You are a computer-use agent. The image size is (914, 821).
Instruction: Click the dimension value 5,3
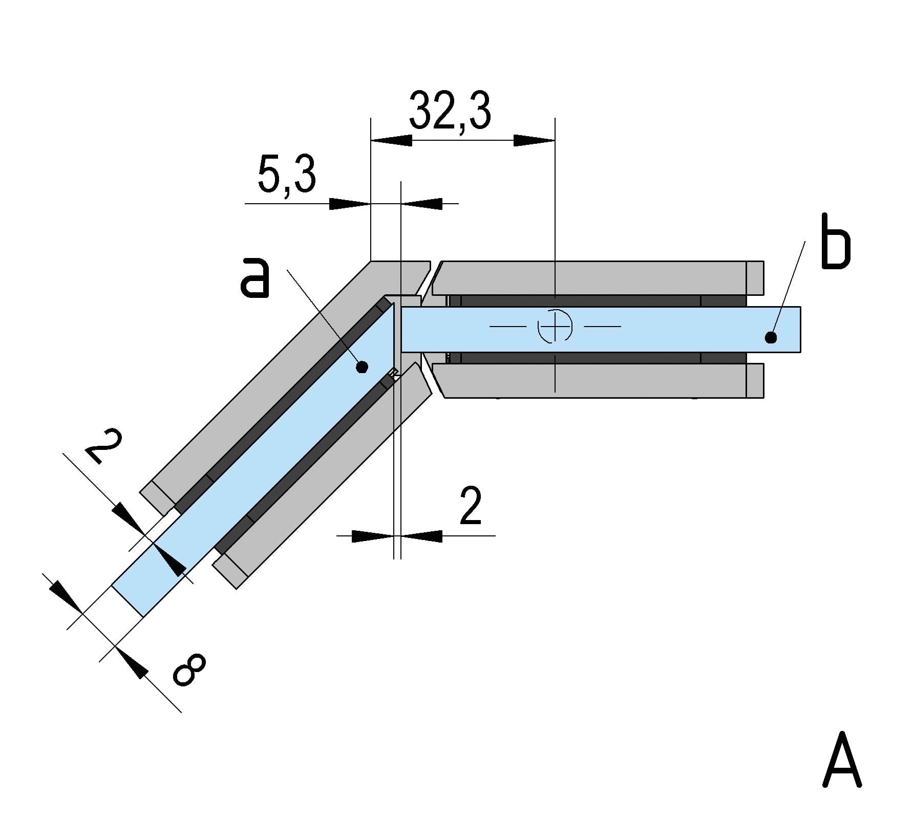[286, 175]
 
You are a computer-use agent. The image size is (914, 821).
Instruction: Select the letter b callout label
[835, 243]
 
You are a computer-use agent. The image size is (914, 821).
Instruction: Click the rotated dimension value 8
[189, 669]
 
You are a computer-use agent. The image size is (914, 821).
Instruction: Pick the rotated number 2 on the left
[104, 446]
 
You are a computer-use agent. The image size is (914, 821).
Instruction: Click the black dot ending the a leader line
[362, 366]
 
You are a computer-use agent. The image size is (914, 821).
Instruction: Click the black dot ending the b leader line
[771, 337]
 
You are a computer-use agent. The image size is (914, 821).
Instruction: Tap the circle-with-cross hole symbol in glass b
[555, 326]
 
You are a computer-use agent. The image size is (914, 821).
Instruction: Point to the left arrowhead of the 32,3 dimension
[391, 140]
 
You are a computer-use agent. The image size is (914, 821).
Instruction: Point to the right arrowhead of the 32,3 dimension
[535, 140]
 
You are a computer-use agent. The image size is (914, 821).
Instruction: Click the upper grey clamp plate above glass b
[589, 277]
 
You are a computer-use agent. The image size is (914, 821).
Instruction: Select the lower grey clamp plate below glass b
[589, 380]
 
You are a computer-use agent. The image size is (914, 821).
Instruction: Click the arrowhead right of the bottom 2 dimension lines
[421, 536]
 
